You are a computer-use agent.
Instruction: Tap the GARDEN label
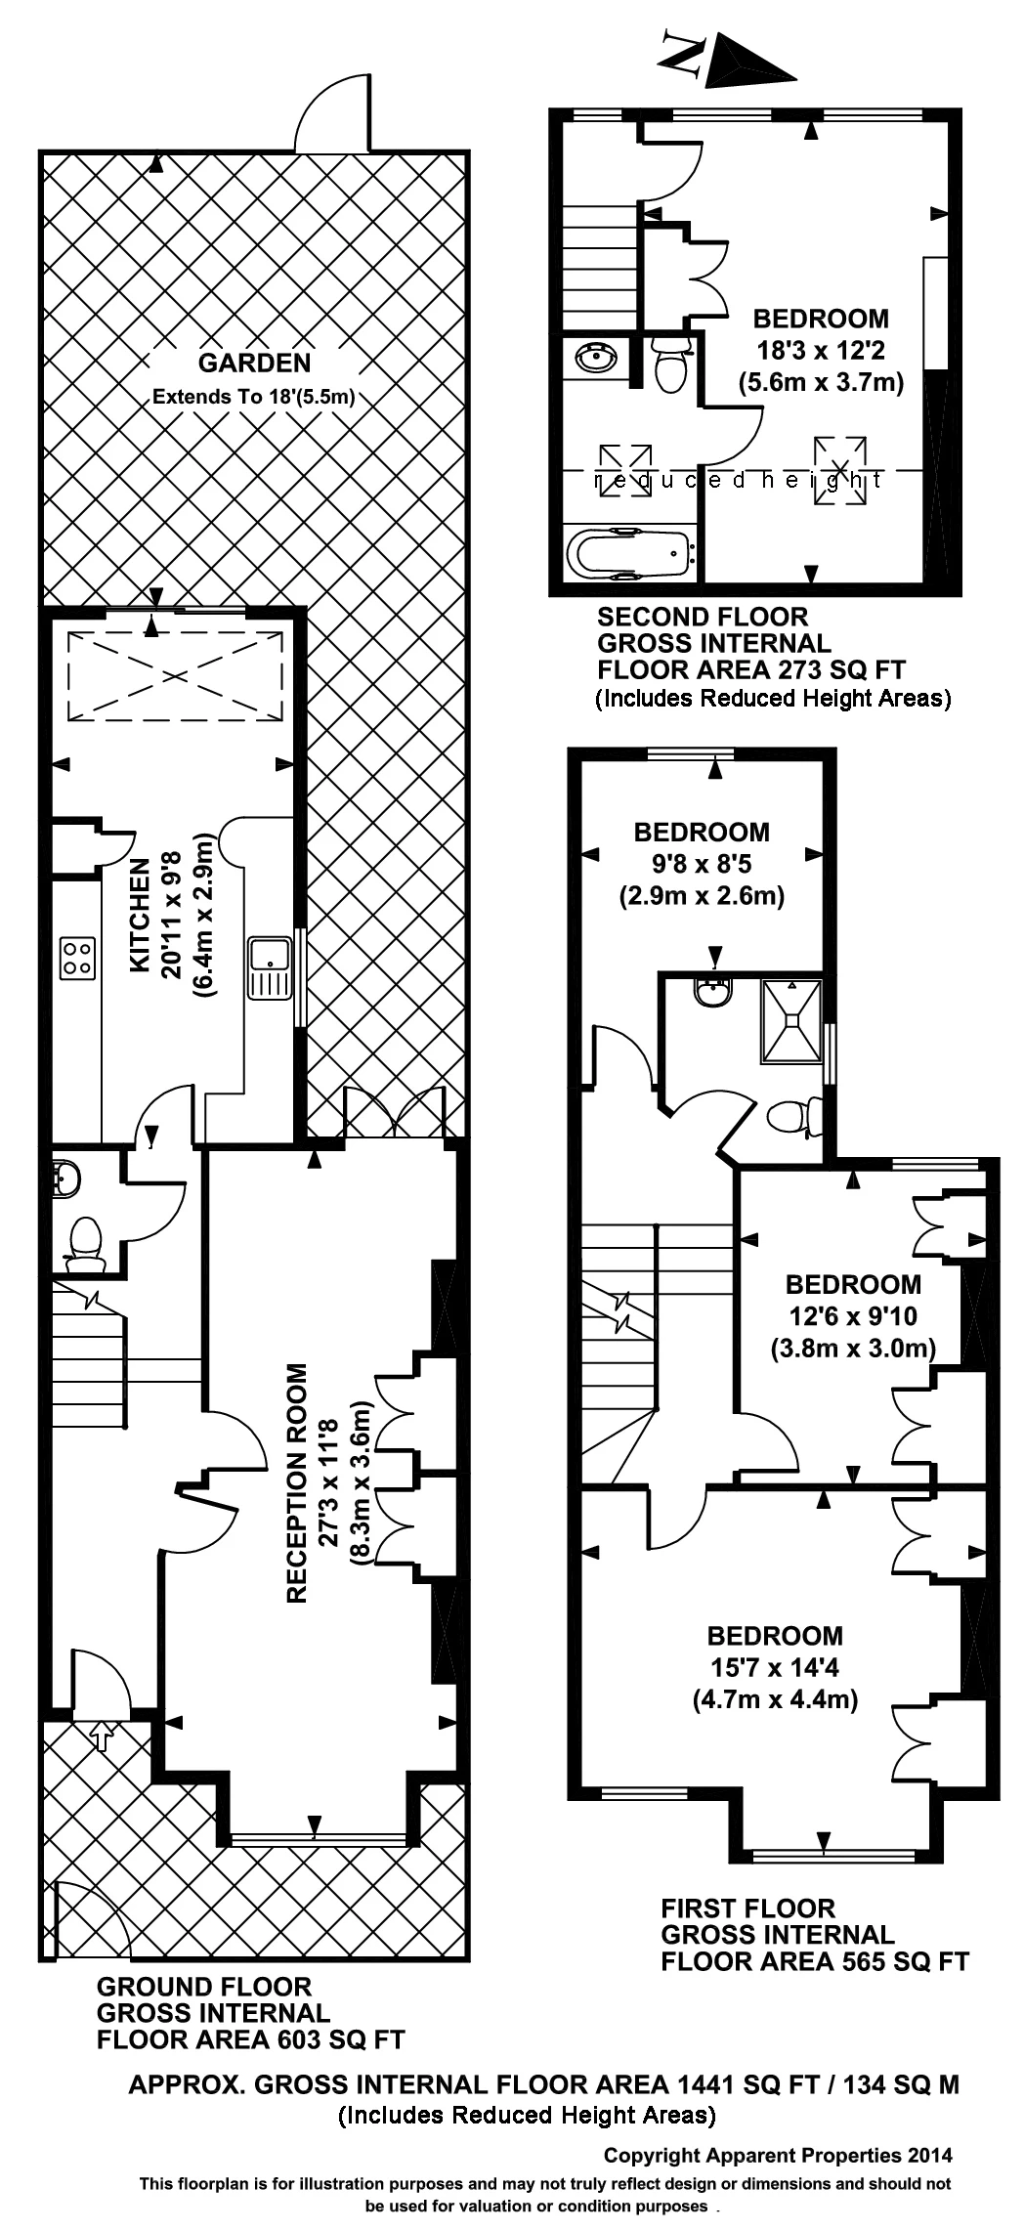click(254, 364)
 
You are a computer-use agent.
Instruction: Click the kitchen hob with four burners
click(78, 958)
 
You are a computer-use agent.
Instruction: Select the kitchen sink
click(269, 966)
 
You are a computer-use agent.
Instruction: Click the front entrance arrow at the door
click(101, 1735)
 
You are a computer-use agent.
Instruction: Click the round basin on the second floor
click(595, 359)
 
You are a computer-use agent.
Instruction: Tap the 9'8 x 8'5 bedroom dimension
click(702, 864)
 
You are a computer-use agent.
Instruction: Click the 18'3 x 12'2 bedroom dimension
click(821, 350)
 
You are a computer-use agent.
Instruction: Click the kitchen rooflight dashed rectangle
click(174, 674)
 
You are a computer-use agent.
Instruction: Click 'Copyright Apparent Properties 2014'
click(777, 2155)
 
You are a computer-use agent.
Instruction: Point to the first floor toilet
click(791, 1116)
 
